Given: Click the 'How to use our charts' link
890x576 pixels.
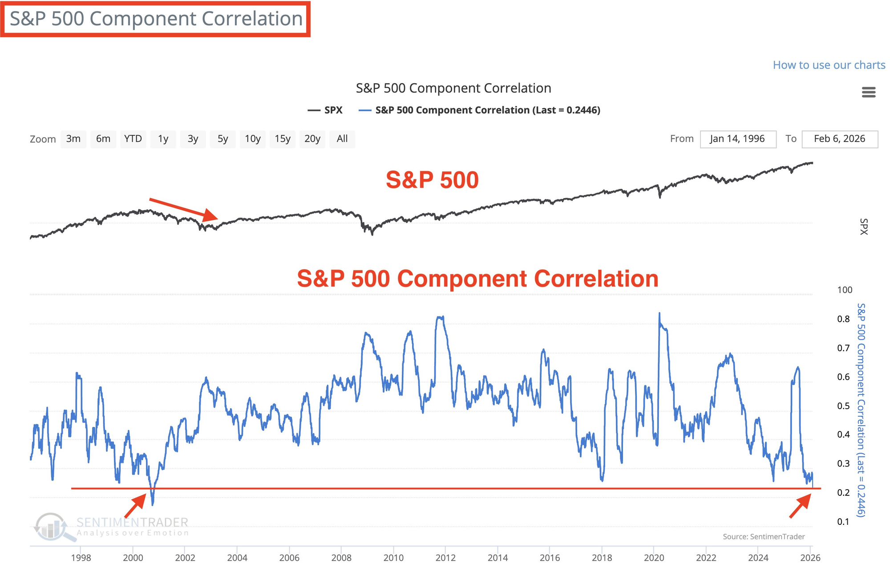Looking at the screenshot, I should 829,65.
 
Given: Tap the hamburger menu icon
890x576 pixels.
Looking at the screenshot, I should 868,92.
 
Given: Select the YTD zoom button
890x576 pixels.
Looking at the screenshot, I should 133,139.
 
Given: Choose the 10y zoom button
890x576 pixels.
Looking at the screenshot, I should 252,139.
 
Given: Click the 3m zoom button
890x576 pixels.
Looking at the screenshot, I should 73,139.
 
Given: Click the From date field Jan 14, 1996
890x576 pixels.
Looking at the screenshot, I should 737,139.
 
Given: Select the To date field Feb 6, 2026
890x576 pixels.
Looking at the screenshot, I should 839,139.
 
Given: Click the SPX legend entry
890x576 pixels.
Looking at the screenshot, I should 325,110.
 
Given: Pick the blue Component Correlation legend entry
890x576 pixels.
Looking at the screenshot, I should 479,110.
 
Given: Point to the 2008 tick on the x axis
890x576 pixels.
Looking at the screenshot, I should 341,558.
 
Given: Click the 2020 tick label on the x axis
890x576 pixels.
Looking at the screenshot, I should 654,558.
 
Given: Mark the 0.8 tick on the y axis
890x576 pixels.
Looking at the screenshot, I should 843,319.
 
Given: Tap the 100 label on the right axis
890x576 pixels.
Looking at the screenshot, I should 845,290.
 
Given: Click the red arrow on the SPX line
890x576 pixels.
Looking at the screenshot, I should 184,209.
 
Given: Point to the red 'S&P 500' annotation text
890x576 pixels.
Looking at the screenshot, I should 432,180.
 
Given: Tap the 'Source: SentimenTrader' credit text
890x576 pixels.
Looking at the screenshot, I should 764,537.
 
